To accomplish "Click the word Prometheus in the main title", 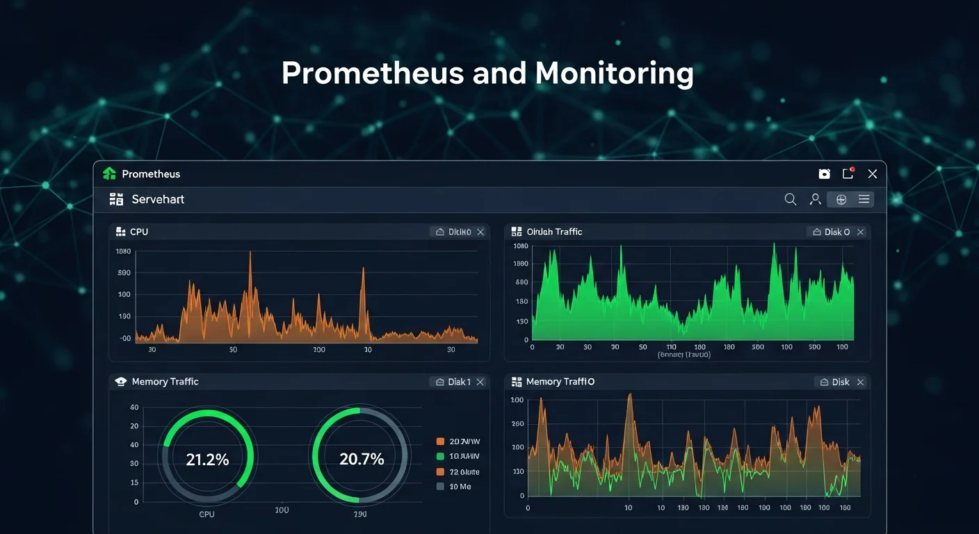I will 373,73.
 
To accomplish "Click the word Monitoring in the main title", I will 614,73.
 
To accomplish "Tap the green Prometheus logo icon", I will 109,174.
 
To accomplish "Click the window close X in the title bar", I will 873,174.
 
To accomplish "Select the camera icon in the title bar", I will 825,174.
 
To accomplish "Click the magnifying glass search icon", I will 791,200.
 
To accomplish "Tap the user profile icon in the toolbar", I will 816,200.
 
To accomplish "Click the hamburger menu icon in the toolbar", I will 864,200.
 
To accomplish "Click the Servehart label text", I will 158,200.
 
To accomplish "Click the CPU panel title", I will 139,232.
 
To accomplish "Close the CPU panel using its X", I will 480,232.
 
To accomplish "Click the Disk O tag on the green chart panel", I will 837,232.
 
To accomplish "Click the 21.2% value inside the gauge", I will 207,459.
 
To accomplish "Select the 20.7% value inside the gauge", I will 362,459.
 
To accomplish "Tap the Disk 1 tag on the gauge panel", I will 459,382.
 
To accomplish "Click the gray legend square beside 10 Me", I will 440,487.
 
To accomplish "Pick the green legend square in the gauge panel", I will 440,456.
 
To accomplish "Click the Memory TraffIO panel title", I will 560,382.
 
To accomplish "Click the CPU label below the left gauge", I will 207,515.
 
